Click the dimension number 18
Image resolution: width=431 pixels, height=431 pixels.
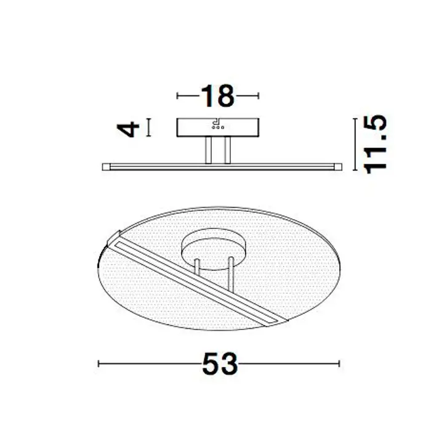coord(218,96)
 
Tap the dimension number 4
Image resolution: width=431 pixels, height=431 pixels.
coord(128,129)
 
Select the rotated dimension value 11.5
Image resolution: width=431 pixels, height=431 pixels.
coord(375,144)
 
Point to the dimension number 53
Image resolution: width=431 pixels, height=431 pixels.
coord(220,364)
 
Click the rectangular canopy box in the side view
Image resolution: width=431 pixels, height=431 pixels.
coord(218,127)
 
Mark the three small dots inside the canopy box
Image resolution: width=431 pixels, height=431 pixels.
coord(218,127)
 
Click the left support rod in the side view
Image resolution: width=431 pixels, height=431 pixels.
coord(208,150)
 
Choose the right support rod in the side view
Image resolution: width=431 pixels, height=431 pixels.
coord(227,150)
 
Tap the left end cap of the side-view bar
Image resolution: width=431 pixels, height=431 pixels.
coord(106,167)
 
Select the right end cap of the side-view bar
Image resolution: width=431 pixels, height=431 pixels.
coord(338,167)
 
